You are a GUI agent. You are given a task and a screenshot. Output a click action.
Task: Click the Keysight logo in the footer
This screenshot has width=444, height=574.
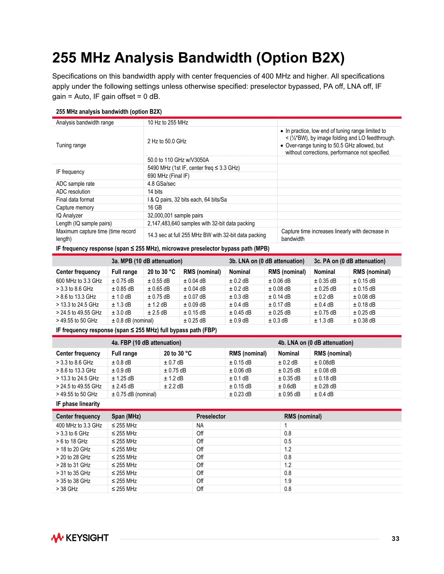[x=80, y=538]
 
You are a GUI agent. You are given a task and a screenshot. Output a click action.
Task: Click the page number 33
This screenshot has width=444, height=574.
[x=395, y=539]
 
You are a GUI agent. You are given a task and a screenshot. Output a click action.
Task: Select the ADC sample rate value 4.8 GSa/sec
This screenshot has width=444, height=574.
[x=161, y=184]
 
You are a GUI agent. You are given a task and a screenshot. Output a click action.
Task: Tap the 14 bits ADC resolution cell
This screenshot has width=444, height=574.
[x=155, y=192]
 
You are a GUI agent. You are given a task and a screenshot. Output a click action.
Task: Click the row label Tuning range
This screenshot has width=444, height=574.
[x=71, y=145]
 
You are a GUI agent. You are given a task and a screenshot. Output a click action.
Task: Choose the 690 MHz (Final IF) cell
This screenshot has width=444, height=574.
[x=168, y=176]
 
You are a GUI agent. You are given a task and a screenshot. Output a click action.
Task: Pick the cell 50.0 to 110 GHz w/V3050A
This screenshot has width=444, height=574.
[x=178, y=160]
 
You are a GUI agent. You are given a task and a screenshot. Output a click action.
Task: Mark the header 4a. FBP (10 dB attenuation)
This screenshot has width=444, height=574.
[x=146, y=342]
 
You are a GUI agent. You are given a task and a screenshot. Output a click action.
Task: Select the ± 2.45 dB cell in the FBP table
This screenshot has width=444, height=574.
[x=123, y=386]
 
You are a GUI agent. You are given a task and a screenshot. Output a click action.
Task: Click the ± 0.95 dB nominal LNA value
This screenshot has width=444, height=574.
[x=289, y=394]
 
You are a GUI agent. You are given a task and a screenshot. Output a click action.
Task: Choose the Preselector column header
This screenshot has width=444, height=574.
[x=211, y=416]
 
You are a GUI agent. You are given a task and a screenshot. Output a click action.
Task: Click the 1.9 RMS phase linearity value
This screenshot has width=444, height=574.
[x=288, y=481]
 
